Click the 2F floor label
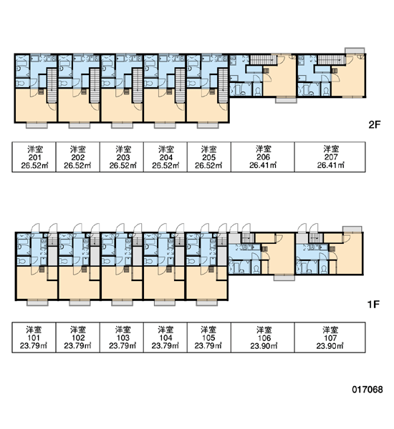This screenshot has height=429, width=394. (x=374, y=124)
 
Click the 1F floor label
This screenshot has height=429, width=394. (x=373, y=305)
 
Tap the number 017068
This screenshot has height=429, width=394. (x=367, y=390)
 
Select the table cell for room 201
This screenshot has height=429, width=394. (x=34, y=157)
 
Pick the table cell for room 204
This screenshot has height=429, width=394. (x=165, y=157)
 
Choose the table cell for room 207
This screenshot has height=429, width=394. (x=330, y=157)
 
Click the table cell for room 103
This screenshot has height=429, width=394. (x=122, y=337)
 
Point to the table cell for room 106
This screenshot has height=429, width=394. (x=263, y=337)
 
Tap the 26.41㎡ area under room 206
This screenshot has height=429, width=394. (x=263, y=165)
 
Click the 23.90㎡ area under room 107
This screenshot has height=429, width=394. (x=330, y=346)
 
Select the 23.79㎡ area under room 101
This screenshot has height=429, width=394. (x=34, y=346)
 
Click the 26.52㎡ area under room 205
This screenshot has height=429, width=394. (x=208, y=166)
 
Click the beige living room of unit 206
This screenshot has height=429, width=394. (x=279, y=78)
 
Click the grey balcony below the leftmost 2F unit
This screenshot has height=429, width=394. (x=37, y=125)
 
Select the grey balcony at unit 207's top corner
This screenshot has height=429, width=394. (x=355, y=51)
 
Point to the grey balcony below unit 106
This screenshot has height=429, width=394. (x=284, y=277)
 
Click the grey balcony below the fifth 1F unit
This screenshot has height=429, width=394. (x=207, y=303)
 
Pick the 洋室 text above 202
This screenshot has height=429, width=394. (x=78, y=149)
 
